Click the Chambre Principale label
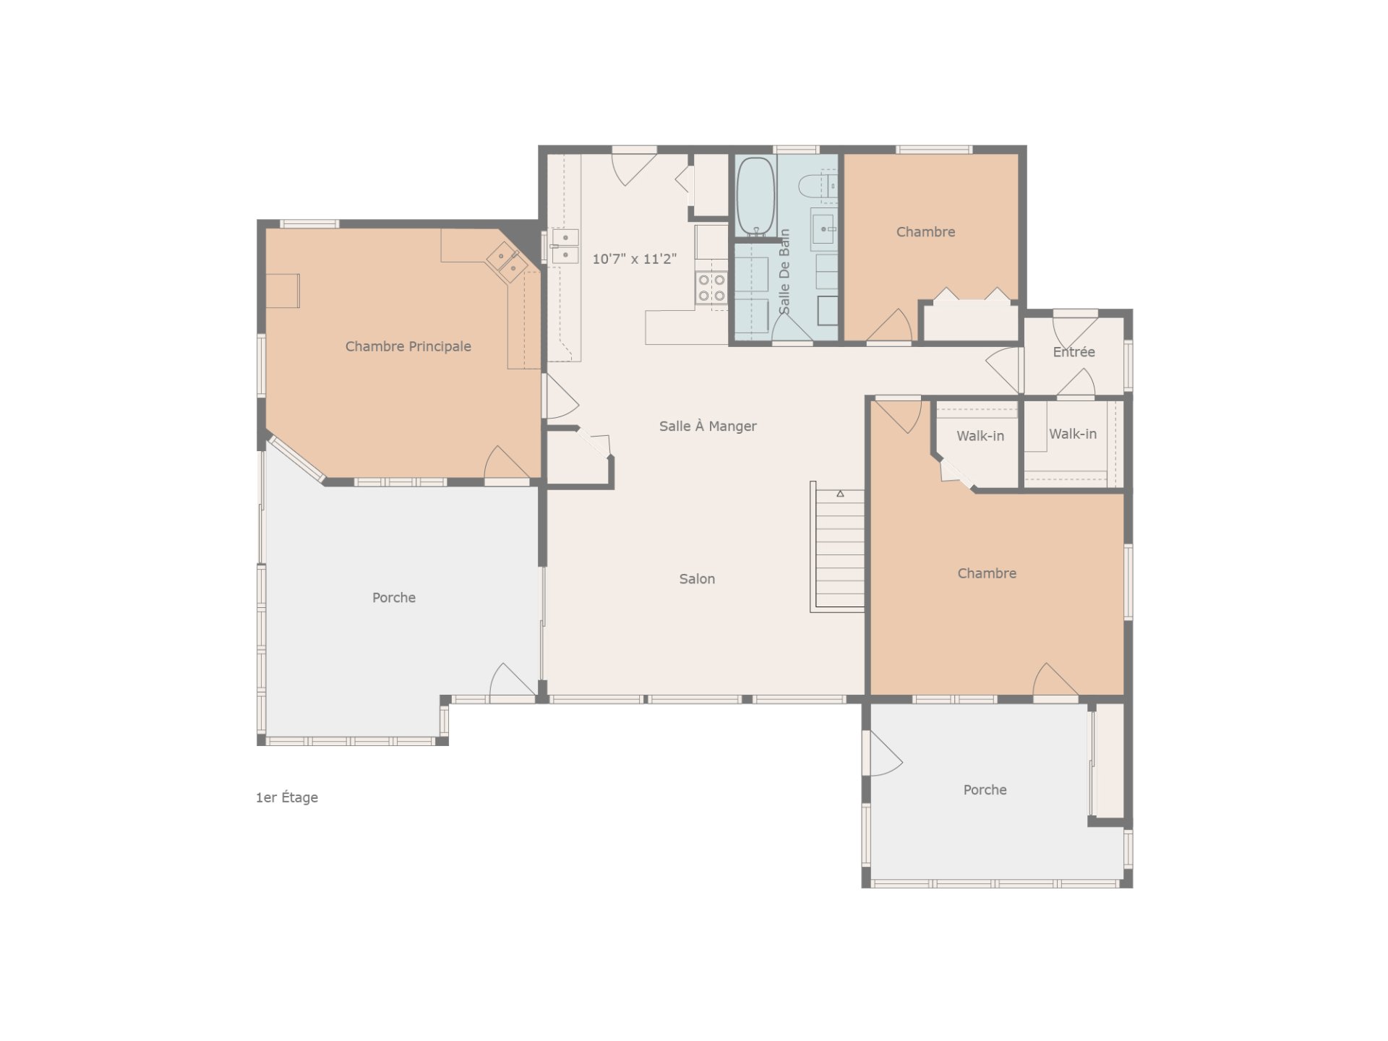pyautogui.click(x=408, y=346)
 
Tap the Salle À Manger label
pyautogui.click(x=708, y=426)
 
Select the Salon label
pyautogui.click(x=697, y=578)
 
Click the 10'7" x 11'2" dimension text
pyautogui.click(x=634, y=259)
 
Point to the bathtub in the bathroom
pyautogui.click(x=755, y=196)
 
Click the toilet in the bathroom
pyautogui.click(x=818, y=186)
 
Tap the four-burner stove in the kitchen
pyautogui.click(x=711, y=288)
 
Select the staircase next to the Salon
pyautogui.click(x=839, y=549)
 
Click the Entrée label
pyautogui.click(x=1074, y=352)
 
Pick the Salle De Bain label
pyautogui.click(x=784, y=272)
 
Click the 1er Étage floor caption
pyautogui.click(x=287, y=797)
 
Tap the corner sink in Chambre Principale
pyautogui.click(x=507, y=261)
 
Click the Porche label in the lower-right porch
pyautogui.click(x=985, y=789)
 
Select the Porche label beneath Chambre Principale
pyautogui.click(x=393, y=597)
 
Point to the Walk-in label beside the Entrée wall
pyautogui.click(x=1073, y=434)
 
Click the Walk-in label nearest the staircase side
pyautogui.click(x=980, y=436)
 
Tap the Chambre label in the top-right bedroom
pyautogui.click(x=925, y=231)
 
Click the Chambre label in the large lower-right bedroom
pyautogui.click(x=987, y=573)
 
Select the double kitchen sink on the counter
pyautogui.click(x=565, y=246)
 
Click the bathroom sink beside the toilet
pyautogui.click(x=823, y=228)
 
